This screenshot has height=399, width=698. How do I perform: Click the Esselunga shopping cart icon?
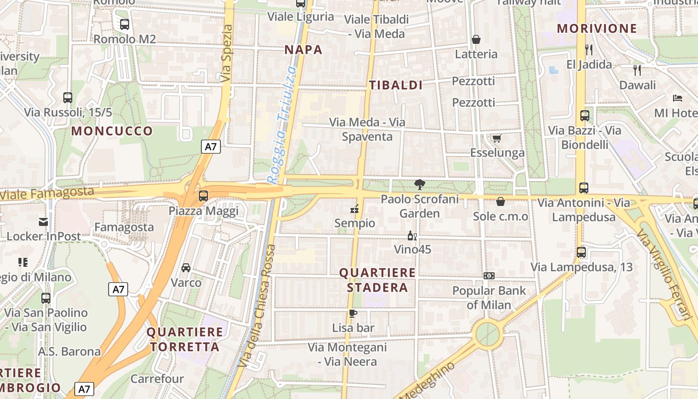496,138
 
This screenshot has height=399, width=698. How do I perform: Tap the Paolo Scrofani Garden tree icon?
420,185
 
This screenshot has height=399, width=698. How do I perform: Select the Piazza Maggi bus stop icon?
203,196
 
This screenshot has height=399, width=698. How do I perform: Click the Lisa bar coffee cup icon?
353,313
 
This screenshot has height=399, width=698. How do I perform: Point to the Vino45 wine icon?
412,235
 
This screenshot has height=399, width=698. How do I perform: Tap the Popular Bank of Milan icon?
489,276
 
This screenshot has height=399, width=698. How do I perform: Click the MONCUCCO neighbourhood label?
112,131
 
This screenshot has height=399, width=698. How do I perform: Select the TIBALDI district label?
396,85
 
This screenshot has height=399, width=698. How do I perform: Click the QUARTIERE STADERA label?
377,280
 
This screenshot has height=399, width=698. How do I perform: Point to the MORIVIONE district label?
597,28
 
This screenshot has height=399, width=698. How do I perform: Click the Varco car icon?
186,268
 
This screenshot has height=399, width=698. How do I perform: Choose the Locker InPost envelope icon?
43,222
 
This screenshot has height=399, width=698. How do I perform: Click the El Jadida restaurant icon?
589,49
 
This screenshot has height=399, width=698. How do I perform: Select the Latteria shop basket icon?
476,39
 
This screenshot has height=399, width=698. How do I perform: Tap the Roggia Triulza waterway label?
282,125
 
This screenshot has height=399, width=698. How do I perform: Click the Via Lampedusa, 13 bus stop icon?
581,252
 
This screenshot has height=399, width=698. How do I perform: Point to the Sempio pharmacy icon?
354,208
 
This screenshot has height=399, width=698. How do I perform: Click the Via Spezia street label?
226,53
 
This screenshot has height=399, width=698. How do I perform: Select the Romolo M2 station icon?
125,24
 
